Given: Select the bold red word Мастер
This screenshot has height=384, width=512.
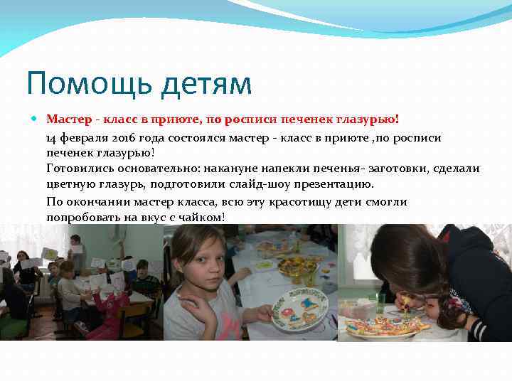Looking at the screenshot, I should [x=68, y=119].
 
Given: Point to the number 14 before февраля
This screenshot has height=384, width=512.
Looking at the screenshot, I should [x=52, y=138].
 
